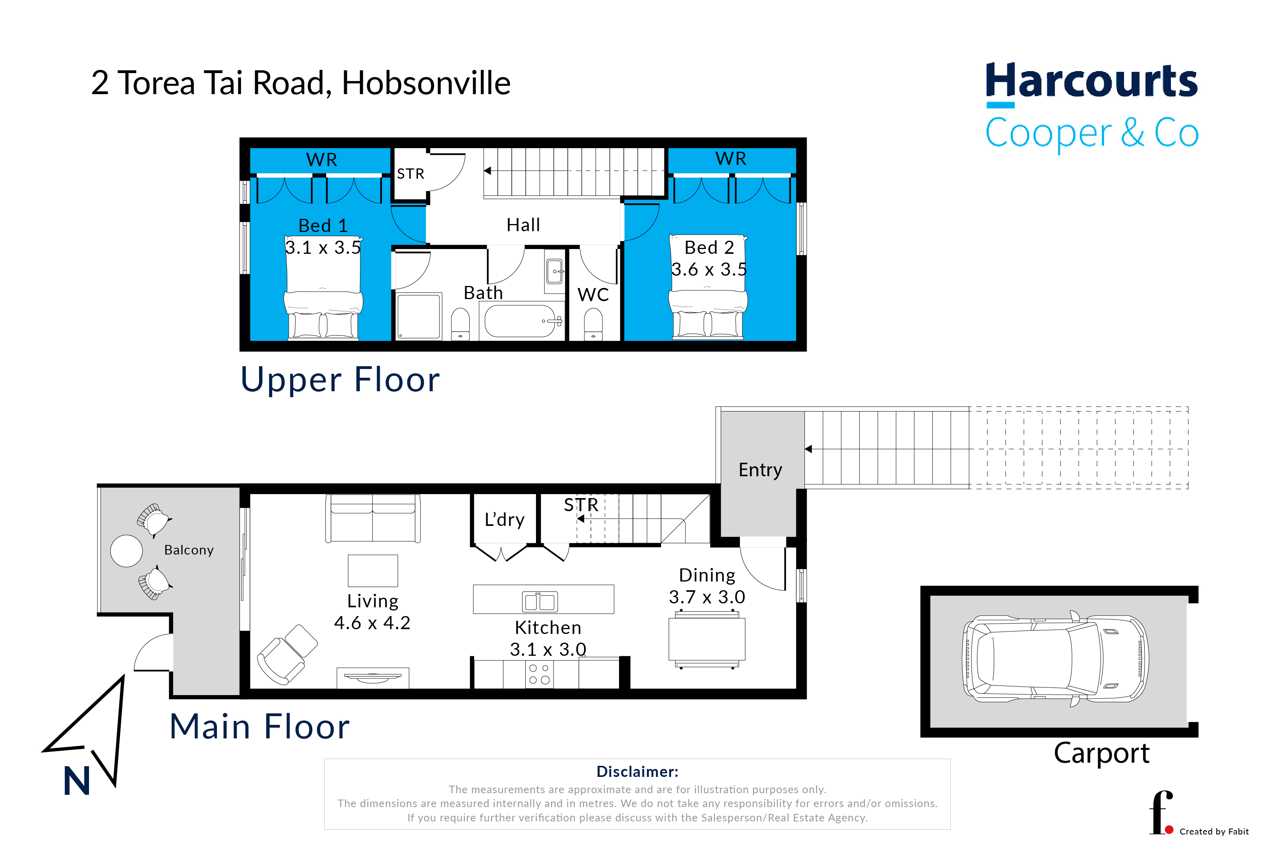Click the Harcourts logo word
pos(1091,81)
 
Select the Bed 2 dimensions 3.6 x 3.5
pos(709,269)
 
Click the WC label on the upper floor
pos(593,294)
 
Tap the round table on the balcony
pos(126,551)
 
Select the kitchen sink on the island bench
pos(540,601)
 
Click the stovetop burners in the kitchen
pos(540,674)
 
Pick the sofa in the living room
pos(373,518)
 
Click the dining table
pos(707,639)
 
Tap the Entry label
pos(760,469)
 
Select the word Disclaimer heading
pos(637,771)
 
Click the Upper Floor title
pos(340,379)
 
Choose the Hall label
pos(523,224)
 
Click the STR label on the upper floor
pos(410,174)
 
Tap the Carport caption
pos(1101,753)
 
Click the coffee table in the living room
pos(373,571)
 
